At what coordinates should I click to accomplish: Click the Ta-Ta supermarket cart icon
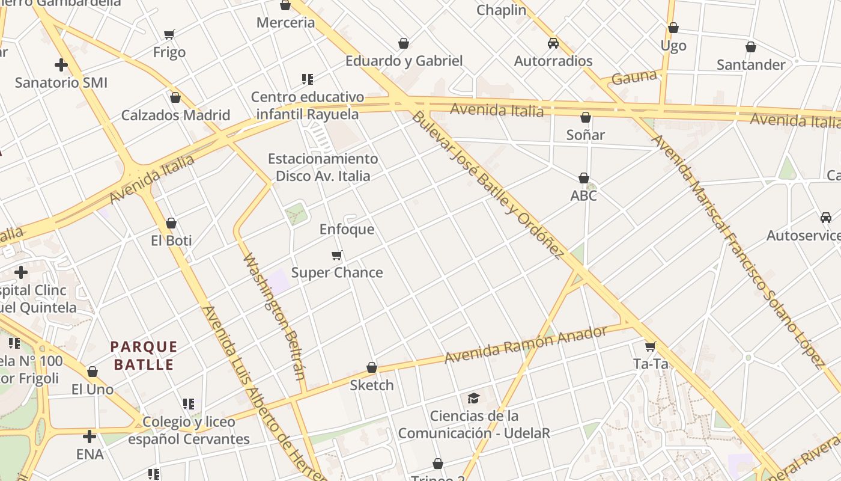tap(650, 346)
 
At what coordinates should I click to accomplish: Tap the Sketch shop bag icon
tap(372, 367)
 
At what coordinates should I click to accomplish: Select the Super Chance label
tap(337, 272)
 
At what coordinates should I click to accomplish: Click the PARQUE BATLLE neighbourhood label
tap(144, 355)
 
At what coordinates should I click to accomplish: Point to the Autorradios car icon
tap(553, 43)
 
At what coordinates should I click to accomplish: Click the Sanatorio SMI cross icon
tap(61, 65)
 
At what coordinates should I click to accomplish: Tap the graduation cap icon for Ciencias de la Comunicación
tap(473, 398)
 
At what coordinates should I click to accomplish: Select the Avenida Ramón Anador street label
tap(526, 345)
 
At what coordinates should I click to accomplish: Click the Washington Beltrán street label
tap(275, 317)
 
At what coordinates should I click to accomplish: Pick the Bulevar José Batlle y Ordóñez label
tap(487, 185)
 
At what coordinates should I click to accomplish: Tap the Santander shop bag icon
tap(750, 47)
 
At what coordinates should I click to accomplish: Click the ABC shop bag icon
tap(583, 178)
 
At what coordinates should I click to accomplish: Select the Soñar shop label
tap(585, 135)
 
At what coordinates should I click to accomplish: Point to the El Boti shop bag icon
tap(171, 223)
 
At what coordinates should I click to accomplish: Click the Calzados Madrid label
tap(175, 115)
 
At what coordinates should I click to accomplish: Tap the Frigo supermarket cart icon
tap(169, 35)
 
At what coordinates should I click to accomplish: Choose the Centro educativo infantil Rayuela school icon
tap(308, 79)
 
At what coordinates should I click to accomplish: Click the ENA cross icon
tap(90, 436)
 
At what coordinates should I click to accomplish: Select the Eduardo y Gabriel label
tap(404, 61)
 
